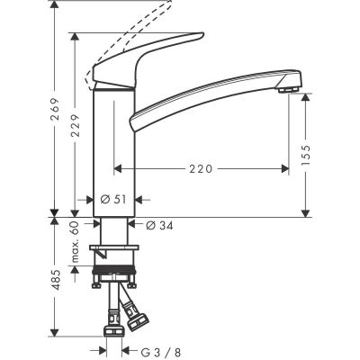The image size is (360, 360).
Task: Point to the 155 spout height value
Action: click(x=309, y=155)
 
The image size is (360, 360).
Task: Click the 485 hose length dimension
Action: click(x=57, y=282)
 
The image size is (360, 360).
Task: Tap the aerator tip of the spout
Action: click(x=288, y=88)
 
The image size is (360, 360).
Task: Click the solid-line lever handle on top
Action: click(x=144, y=63)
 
